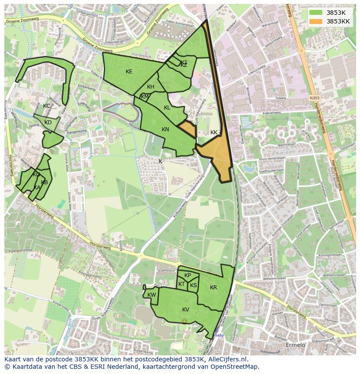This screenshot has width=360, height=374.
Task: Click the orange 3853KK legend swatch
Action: tap(316, 21)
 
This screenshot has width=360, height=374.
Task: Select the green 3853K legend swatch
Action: tap(316, 13)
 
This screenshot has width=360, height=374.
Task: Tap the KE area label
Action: tap(129, 72)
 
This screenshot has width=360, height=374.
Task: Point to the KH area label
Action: tap(150, 87)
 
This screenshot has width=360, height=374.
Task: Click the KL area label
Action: tap(167, 108)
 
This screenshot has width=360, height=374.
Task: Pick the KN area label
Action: tap(165, 129)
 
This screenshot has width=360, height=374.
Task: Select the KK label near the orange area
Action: tap(214, 132)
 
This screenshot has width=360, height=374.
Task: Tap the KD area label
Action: tap(48, 122)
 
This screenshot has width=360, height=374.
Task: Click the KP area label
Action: tap(187, 275)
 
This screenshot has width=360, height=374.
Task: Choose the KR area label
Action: tap(213, 288)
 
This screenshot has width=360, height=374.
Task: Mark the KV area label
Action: tap(186, 310)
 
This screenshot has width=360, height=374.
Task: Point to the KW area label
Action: tap(152, 295)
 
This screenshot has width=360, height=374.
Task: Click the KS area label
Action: tap(193, 285)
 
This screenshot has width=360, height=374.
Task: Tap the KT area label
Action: tap(181, 284)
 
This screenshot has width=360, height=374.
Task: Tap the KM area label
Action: tap(145, 97)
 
